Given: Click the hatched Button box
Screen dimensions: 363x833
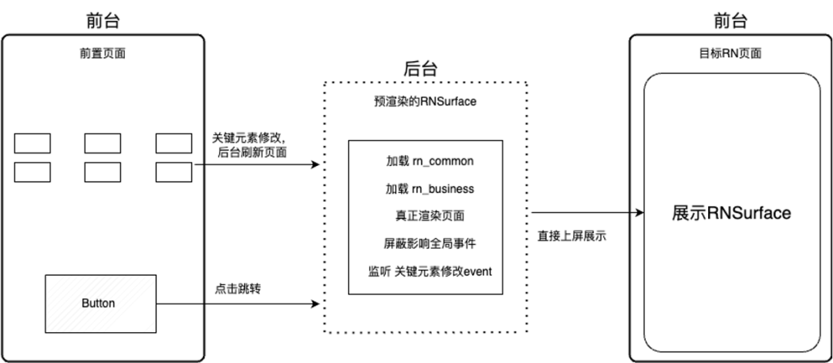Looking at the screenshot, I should click(x=98, y=304).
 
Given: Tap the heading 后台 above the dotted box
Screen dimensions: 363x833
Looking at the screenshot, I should click(x=420, y=68).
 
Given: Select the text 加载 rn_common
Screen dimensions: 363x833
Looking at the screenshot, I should click(x=430, y=161).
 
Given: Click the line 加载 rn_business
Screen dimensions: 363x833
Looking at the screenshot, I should click(x=430, y=188).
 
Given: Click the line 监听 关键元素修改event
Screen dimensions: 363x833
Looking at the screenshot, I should click(x=430, y=271).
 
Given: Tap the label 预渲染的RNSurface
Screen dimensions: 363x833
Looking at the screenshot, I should click(x=425, y=100).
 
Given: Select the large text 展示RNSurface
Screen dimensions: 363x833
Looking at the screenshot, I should click(x=731, y=213).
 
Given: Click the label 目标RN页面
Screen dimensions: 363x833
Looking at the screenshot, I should click(x=730, y=54).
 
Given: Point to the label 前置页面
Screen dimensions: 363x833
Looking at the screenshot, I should click(x=103, y=54).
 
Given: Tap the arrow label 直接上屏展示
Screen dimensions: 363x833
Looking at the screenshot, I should click(x=572, y=236).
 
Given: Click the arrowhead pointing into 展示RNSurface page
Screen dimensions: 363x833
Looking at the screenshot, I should click(x=639, y=213).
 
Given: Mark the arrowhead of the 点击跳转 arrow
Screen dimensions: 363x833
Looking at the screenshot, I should click(x=315, y=304).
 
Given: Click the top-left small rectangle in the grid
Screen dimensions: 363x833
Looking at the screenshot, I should click(x=32, y=143).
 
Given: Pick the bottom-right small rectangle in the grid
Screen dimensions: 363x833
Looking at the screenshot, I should click(x=174, y=171).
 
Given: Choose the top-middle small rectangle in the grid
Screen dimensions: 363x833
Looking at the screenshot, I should click(x=103, y=143).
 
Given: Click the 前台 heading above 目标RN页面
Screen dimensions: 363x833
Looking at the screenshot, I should click(x=730, y=21).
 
